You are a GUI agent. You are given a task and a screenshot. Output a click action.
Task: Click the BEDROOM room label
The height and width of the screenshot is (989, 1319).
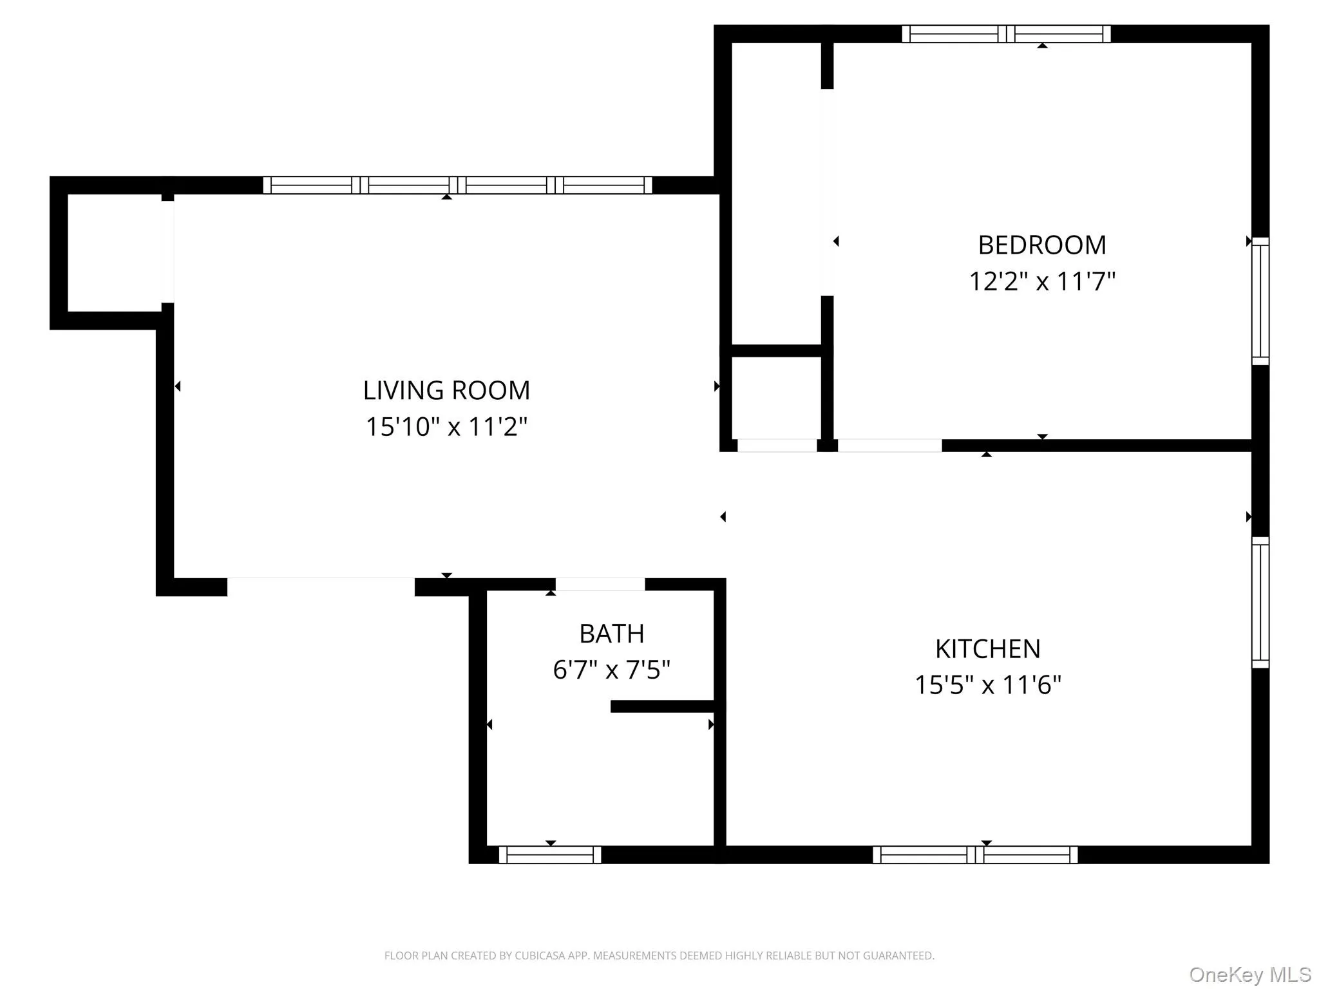click(1041, 245)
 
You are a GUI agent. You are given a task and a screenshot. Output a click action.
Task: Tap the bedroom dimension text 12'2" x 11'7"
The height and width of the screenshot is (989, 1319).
click(1041, 281)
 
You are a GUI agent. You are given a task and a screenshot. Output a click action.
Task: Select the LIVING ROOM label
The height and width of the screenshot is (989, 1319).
click(446, 390)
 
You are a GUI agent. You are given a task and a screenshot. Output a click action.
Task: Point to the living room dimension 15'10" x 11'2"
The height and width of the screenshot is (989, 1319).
click(446, 426)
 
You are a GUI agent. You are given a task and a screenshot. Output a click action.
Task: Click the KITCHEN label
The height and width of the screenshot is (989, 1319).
click(987, 649)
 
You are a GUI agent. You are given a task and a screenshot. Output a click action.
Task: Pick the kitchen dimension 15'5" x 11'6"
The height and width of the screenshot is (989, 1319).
click(987, 684)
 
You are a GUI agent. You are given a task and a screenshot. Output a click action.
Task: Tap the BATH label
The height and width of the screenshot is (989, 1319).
click(611, 634)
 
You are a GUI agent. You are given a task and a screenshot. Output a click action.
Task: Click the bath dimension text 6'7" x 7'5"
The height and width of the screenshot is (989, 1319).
click(611, 670)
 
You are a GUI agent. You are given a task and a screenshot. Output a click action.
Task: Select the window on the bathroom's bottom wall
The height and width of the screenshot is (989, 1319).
click(550, 854)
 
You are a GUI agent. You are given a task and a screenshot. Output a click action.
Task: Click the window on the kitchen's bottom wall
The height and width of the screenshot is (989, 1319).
click(974, 854)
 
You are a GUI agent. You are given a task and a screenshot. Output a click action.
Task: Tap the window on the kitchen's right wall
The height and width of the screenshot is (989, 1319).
click(1260, 602)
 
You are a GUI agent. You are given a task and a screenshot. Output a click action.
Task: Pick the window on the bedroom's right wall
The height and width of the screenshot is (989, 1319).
click(1260, 301)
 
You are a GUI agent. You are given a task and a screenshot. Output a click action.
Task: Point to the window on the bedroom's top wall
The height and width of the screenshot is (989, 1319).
click(1006, 33)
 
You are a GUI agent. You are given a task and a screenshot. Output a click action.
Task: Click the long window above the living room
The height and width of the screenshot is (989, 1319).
click(457, 185)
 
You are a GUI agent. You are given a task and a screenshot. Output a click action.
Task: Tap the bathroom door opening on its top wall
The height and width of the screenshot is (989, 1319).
click(600, 584)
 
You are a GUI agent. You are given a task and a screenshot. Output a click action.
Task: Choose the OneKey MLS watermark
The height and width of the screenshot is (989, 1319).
click(1249, 974)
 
